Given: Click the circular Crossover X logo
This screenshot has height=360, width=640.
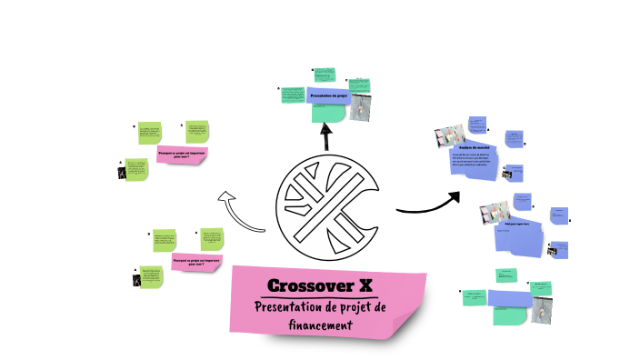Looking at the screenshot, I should tap(328, 210).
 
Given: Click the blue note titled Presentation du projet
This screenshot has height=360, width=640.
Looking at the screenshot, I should tap(329, 95).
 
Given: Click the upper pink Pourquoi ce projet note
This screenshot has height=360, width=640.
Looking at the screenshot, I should tap(182, 155).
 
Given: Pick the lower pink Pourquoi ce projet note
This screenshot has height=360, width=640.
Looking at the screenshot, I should tap(197, 262).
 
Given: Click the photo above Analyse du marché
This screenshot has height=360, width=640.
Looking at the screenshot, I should tap(450, 136).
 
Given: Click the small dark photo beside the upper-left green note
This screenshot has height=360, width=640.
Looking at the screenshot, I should tap(122, 170).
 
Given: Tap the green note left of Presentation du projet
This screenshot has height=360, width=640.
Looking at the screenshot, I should tap(292, 95).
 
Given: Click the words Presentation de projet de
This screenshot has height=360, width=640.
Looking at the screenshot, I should tap(320, 307).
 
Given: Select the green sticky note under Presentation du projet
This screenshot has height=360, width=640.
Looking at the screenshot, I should tap(328, 113).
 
